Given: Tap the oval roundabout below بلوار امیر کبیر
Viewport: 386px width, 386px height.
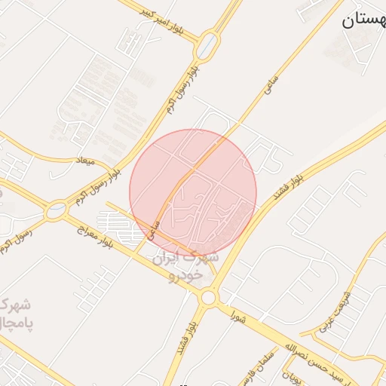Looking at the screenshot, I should coord(206,47).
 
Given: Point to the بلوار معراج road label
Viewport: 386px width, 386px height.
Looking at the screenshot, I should coord(97,235).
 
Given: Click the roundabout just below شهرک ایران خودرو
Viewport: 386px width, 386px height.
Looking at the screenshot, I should coord(207,299).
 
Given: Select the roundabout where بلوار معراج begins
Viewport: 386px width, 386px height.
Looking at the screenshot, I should coord(55,212).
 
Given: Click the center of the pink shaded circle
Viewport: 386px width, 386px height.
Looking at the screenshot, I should coord(193,193).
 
